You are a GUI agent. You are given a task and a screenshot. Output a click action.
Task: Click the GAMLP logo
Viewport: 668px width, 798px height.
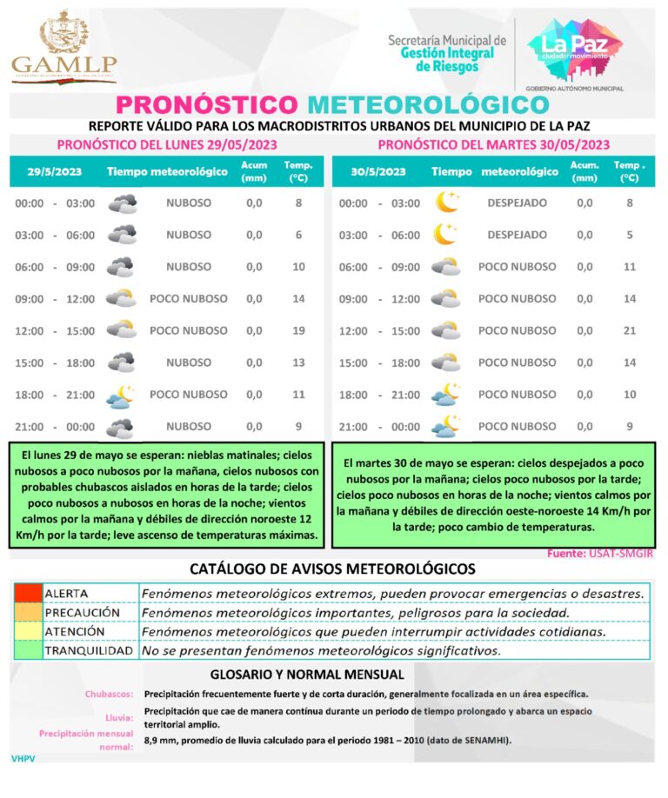pyautogui.click(x=63, y=47)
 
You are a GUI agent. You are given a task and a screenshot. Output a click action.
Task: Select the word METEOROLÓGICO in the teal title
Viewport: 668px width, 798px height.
pyautogui.click(x=428, y=104)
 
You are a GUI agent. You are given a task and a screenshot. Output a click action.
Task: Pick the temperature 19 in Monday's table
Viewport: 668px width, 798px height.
pyautogui.click(x=298, y=330)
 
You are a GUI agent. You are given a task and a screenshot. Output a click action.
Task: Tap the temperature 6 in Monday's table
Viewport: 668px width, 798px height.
pyautogui.click(x=298, y=235)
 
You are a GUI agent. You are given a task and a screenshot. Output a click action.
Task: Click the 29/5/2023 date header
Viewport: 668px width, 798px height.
pyautogui.click(x=54, y=171)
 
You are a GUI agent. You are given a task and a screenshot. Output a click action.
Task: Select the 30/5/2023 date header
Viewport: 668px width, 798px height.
pyautogui.click(x=378, y=171)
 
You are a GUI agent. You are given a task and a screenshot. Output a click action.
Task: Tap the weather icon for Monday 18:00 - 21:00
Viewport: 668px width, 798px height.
pyautogui.click(x=120, y=396)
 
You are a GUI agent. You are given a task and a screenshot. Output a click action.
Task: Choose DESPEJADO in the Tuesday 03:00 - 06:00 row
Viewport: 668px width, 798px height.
pyautogui.click(x=517, y=235)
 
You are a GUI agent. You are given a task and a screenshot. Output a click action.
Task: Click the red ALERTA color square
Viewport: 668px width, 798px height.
pyautogui.click(x=27, y=593)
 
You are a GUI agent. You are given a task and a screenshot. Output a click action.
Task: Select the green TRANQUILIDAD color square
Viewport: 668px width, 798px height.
pyautogui.click(x=27, y=650)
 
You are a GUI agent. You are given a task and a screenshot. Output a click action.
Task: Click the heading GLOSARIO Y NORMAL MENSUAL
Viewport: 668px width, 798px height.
pyautogui.click(x=307, y=675)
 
